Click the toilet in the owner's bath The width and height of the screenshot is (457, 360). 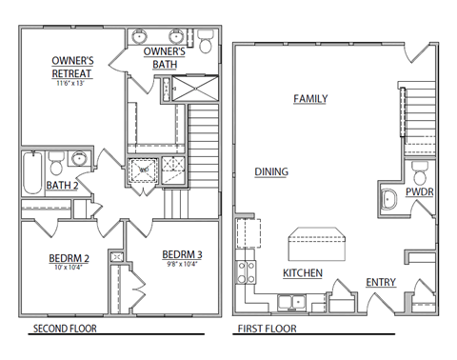click(x=206, y=43)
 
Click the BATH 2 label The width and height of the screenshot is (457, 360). click(x=62, y=185)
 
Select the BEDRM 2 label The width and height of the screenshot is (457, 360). click(x=69, y=258)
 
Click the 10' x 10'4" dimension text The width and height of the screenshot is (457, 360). click(x=69, y=268)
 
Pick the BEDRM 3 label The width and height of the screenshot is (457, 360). click(x=181, y=253)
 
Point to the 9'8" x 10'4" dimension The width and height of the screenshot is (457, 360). click(x=181, y=264)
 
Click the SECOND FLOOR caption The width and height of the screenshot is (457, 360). click(x=65, y=330)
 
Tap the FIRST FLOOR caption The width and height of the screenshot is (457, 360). click(x=266, y=330)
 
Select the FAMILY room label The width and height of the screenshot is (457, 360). click(x=310, y=98)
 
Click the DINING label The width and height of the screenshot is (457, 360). click(x=271, y=171)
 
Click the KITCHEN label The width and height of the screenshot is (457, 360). click(x=302, y=273)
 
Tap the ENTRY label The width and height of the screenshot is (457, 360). click(x=381, y=282)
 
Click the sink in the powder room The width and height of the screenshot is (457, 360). click(x=388, y=200)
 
